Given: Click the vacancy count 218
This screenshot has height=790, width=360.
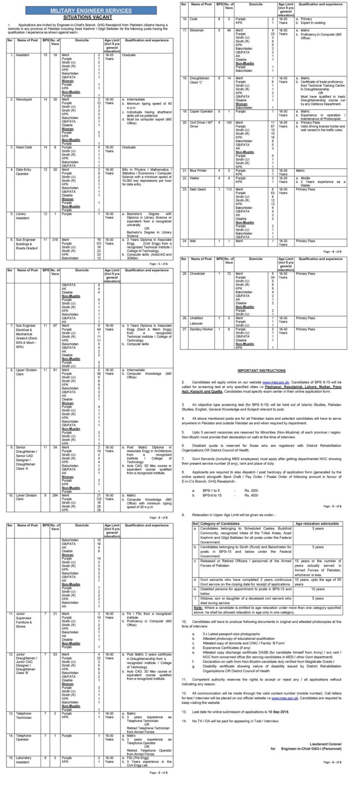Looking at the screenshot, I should tap(56, 239).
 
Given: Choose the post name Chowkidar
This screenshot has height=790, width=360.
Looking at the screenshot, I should tap(196, 273).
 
